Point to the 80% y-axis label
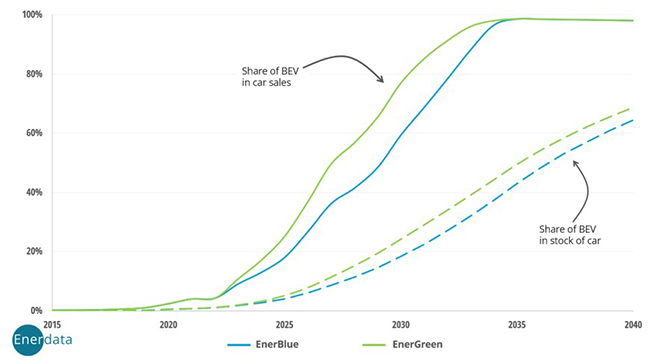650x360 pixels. click(33, 74)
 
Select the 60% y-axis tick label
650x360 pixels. click(33, 133)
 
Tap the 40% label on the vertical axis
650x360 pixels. click(33, 192)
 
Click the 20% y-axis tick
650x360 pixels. click(33, 251)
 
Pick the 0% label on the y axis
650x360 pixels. click(36, 310)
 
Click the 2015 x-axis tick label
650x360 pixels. click(52, 325)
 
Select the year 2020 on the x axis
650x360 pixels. click(168, 325)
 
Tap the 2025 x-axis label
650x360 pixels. click(284, 325)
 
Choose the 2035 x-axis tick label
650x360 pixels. click(517, 325)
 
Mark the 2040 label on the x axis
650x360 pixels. click(630, 325)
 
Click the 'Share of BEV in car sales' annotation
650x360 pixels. click(265, 76)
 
